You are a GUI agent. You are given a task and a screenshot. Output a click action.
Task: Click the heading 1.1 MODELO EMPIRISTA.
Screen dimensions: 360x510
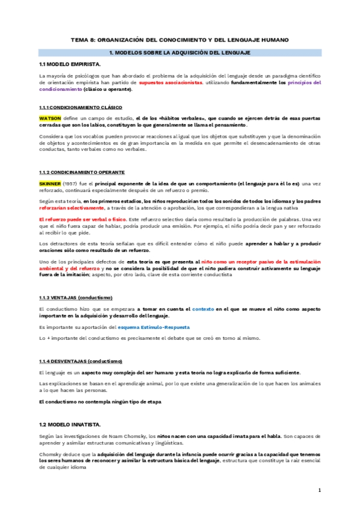coord(70,63)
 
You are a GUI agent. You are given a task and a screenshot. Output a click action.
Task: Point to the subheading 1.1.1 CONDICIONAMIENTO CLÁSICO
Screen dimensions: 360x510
coord(80,107)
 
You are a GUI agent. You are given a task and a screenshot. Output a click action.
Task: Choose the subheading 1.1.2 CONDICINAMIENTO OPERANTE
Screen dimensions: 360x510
coord(81,171)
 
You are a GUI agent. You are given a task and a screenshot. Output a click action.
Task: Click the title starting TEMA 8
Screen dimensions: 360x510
coord(180,40)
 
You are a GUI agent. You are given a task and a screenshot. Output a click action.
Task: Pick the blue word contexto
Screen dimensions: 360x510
coord(203,309)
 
